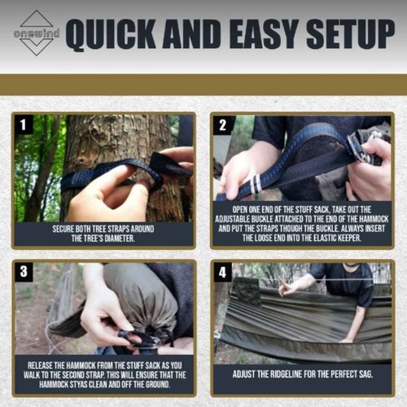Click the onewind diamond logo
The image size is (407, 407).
[35, 33]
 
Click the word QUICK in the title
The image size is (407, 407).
[117, 33]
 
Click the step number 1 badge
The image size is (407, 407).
[24, 125]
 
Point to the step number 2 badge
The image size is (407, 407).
[222, 125]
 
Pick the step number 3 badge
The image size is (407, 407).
[24, 272]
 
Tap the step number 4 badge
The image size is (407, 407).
[222, 272]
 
